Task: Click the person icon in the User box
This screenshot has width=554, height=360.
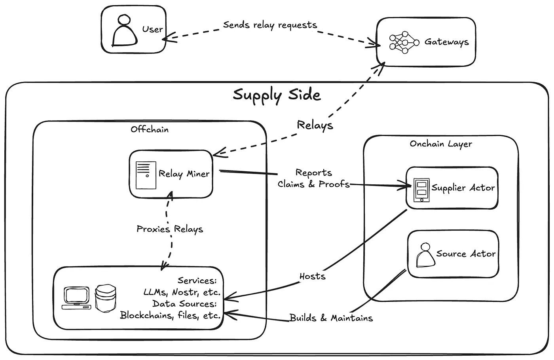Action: pos(125,31)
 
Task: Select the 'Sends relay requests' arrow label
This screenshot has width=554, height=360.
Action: pos(270,25)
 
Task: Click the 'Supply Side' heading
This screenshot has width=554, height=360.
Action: pos(277,95)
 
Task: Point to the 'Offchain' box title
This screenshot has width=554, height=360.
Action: pos(150,129)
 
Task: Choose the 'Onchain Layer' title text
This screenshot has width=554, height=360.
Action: pos(441,144)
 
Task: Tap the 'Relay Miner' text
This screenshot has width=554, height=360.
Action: pos(184,174)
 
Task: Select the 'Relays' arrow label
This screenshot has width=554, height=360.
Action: pos(315,125)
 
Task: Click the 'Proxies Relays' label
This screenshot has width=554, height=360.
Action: pos(170,229)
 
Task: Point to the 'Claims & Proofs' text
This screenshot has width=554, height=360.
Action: pos(313,184)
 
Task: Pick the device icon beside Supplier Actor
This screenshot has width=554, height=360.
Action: pos(421,190)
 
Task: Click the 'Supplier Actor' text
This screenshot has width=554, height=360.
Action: pos(463,188)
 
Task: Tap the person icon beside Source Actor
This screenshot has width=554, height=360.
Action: pos(425,255)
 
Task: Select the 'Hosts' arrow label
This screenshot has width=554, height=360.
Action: pos(312,276)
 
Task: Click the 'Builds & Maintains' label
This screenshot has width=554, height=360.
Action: pos(331,318)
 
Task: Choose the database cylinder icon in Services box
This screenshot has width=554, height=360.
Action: pos(106,298)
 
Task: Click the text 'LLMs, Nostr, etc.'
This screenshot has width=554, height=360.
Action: pos(182,292)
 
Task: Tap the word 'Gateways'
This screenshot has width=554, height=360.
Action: pos(446,42)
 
